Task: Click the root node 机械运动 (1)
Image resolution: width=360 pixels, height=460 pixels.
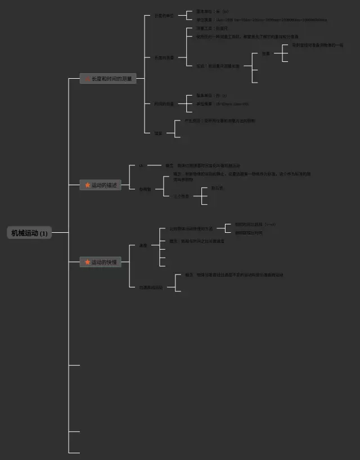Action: (29, 233)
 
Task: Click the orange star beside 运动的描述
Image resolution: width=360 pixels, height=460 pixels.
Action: (87, 185)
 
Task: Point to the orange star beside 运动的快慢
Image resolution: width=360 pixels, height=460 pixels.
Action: (87, 262)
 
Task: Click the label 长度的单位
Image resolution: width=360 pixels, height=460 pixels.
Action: (164, 16)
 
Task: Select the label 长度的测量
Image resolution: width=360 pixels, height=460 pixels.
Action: (164, 58)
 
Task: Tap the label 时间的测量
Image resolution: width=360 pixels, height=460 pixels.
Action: (164, 104)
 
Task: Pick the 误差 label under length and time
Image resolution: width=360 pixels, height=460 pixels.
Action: (159, 133)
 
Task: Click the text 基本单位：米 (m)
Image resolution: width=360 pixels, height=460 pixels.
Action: (212, 11)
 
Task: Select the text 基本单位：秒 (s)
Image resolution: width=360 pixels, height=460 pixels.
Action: (211, 96)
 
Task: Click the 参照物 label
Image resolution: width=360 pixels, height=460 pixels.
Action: (145, 189)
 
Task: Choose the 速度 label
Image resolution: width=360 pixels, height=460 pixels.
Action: (143, 246)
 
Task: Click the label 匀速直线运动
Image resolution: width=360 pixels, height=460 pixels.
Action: (151, 287)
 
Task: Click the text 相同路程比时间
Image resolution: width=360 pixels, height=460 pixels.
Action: (249, 232)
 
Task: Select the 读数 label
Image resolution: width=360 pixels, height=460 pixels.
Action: (265, 53)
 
